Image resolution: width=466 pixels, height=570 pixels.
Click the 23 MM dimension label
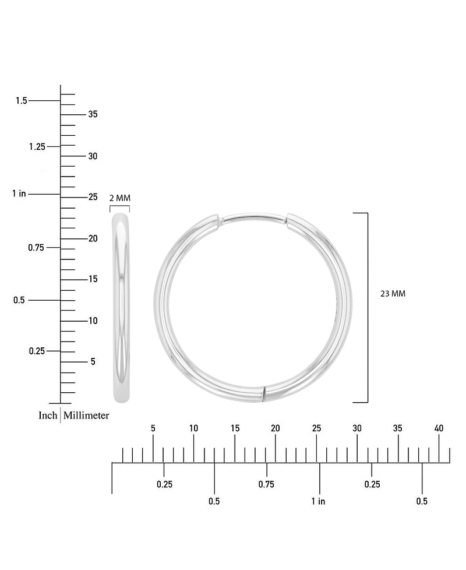[393, 294]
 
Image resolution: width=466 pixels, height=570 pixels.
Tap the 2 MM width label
[120, 198]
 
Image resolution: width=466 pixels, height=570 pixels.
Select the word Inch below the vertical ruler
[48, 416]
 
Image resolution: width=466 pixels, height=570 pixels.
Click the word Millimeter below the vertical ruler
[86, 416]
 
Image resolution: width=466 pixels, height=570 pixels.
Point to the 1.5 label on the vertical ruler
[22, 101]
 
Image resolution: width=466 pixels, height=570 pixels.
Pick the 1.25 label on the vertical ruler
[37, 146]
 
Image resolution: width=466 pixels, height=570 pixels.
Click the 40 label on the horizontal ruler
[439, 428]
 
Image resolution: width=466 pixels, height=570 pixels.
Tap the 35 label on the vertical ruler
[93, 114]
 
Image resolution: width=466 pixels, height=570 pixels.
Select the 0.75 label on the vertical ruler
[37, 248]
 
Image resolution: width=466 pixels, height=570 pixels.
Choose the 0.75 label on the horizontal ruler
[266, 484]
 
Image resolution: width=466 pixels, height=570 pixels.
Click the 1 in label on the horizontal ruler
[318, 501]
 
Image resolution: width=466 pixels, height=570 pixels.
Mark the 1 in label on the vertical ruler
[19, 193]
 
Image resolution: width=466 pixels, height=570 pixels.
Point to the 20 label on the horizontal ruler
[275, 428]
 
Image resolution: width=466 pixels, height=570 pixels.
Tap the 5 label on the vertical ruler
[93, 362]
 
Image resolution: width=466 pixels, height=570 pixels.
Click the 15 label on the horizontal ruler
[235, 428]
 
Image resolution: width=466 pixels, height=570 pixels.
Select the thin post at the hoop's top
[253, 217]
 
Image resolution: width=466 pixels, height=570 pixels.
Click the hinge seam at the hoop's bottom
[264, 393]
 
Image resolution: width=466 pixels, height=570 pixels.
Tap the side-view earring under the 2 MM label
[121, 308]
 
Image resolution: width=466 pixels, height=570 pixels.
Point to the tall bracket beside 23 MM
[366, 308]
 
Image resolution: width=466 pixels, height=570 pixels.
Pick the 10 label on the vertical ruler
[93, 321]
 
